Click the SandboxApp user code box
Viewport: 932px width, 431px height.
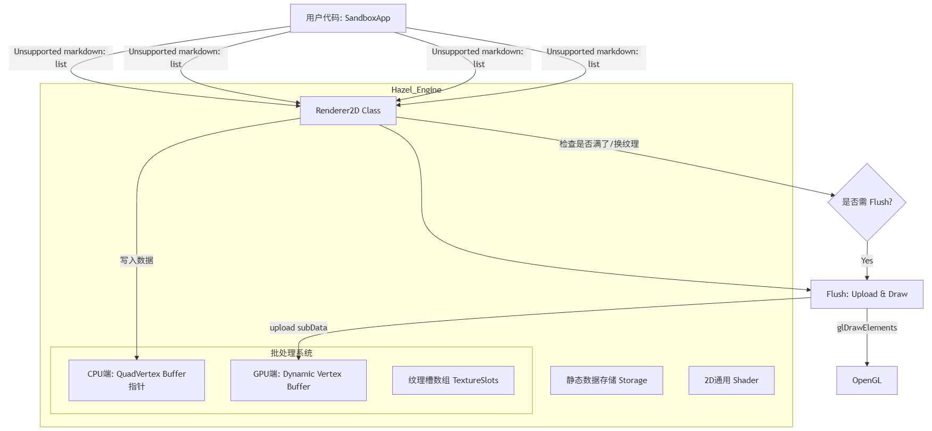(348, 18)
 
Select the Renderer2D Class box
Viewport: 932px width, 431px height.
(348, 111)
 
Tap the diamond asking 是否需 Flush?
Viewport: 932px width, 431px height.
(867, 202)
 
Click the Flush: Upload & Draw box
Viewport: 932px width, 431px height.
(867, 294)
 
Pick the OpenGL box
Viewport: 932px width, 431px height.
(867, 380)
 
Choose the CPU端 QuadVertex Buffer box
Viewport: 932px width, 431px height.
(137, 380)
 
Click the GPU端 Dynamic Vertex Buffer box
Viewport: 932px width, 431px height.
(298, 380)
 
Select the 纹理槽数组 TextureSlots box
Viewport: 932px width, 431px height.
(453, 380)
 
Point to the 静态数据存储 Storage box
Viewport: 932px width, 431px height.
(606, 380)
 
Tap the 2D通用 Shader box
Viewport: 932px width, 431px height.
(731, 380)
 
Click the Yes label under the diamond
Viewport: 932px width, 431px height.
(867, 261)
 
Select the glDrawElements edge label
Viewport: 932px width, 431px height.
(867, 328)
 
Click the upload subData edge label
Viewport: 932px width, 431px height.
(298, 328)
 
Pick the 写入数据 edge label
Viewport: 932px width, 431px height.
(137, 261)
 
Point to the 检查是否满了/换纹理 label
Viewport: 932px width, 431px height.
(599, 144)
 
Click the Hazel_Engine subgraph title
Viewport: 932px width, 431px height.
(416, 90)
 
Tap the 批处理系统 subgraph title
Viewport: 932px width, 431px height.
(291, 353)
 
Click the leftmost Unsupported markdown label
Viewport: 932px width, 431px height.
(61, 58)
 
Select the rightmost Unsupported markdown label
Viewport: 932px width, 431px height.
(593, 58)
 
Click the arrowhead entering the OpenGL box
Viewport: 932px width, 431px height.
(867, 364)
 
